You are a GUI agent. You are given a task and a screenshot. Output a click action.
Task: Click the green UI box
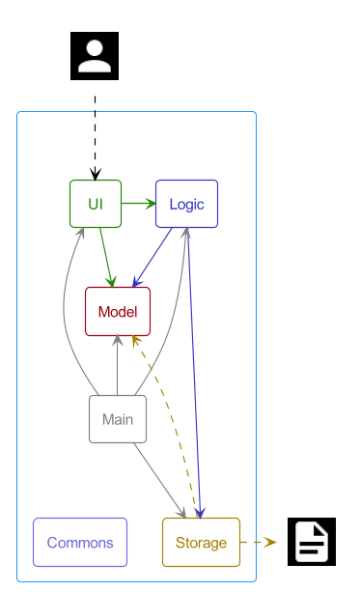[x=96, y=204]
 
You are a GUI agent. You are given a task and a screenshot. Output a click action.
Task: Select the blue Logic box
[x=186, y=204]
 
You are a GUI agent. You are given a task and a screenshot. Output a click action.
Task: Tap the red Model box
[x=118, y=312]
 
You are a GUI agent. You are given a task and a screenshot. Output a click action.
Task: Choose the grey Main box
[x=118, y=419]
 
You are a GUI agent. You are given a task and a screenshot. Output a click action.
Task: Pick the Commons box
[x=80, y=543]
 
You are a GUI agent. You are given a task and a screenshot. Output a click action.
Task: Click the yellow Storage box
[x=201, y=543]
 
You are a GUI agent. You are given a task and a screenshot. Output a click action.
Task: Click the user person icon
[x=95, y=55]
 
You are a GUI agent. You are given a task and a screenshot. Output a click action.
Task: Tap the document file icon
[x=312, y=542]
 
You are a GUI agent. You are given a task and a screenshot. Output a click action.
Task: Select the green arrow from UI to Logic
[x=138, y=204]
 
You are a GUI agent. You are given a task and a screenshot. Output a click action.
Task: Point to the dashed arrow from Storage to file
[x=258, y=543]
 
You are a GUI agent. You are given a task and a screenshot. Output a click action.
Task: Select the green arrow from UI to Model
[x=107, y=257]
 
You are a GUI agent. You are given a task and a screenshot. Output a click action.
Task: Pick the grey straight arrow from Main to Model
[x=118, y=367]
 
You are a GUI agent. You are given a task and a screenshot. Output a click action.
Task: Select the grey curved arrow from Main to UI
[x=65, y=319]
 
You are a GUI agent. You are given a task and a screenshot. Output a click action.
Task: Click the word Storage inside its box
[x=201, y=543]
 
